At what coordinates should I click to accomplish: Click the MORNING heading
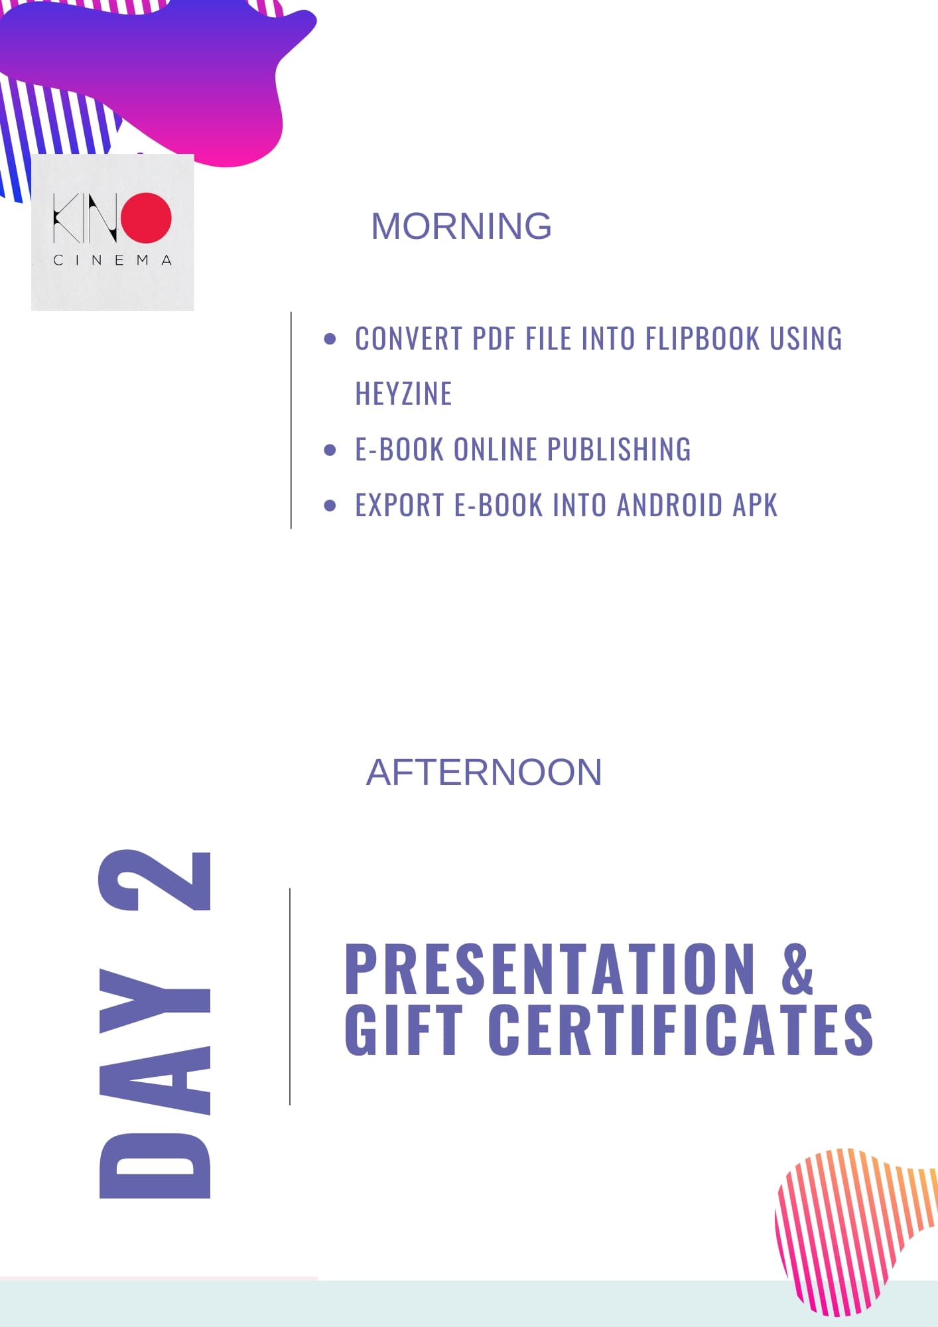point(461,226)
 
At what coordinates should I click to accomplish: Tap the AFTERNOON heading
point(484,772)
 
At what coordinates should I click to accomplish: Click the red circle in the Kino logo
point(147,217)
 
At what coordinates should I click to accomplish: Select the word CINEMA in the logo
point(113,260)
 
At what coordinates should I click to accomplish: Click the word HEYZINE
point(403,393)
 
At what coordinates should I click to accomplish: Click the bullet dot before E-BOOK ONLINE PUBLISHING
point(330,450)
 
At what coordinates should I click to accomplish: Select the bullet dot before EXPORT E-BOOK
point(330,506)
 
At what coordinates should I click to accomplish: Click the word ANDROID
point(669,505)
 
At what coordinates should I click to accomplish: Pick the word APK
point(755,505)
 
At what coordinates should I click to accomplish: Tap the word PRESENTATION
point(550,969)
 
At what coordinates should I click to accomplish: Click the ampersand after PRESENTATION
point(797,969)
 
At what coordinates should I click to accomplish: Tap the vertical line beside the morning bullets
point(291,420)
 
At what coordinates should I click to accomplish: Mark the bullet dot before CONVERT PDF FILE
point(330,339)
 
